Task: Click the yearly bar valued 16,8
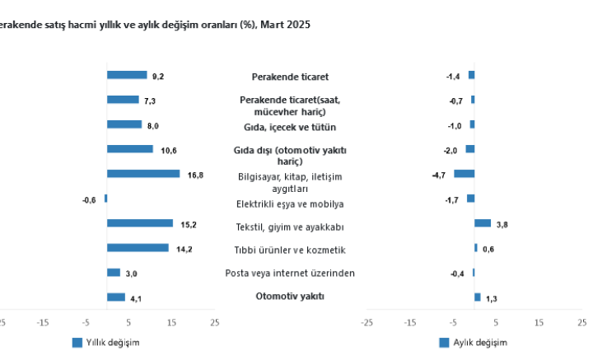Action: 143,174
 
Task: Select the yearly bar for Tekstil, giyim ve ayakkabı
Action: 140,223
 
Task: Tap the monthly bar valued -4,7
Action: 465,174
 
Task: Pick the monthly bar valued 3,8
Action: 483,223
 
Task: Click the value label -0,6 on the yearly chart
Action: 89,199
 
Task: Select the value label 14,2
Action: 184,249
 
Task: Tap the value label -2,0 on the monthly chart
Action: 451,150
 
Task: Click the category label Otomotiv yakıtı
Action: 290,297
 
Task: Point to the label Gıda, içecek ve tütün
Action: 290,127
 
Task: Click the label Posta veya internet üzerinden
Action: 290,274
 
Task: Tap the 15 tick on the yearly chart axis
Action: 171,322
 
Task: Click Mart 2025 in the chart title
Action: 286,25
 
